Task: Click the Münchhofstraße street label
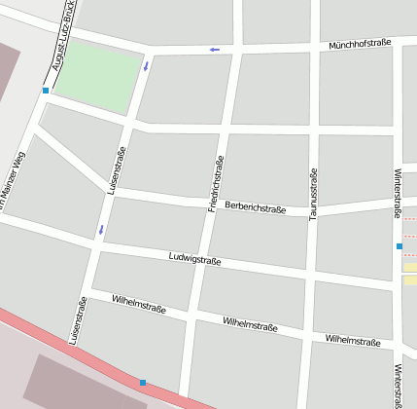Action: (x=359, y=44)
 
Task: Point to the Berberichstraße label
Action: (x=256, y=207)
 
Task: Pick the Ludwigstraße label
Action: (x=194, y=259)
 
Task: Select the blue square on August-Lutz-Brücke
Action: (x=45, y=91)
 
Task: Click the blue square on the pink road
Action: (x=143, y=383)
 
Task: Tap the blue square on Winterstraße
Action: (x=399, y=246)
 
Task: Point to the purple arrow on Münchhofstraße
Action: (x=214, y=49)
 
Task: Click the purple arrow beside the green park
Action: (x=146, y=66)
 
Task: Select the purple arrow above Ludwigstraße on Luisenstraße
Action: (x=100, y=230)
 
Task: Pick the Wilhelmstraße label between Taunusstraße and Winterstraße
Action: (x=352, y=341)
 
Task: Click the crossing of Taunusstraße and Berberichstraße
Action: (x=313, y=211)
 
